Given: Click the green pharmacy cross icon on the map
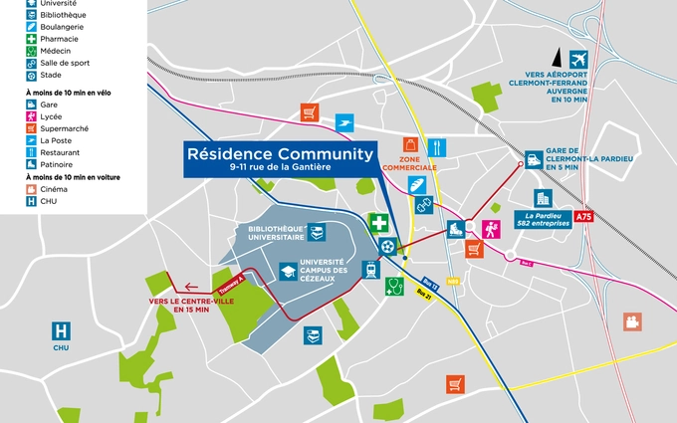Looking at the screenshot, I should coord(378,222).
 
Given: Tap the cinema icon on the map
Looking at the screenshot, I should coord(630,320).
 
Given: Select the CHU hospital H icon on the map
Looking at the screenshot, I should coord(62,328).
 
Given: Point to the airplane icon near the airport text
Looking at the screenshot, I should coord(578,60).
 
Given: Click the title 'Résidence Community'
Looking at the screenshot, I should coord(280,154).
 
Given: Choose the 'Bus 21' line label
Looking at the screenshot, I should coord(427,296).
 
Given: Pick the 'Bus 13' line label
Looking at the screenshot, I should coord(431,282).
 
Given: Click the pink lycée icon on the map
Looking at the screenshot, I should coord(490,229).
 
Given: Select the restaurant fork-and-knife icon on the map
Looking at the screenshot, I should coord(436,147).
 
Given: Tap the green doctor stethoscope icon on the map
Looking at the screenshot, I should coord(394,287).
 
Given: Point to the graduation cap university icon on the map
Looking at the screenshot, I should coord(288,271).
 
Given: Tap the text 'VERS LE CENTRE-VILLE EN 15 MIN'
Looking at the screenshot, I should coord(179,305).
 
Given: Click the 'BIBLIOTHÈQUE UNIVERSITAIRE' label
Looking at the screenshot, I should coord(277,233).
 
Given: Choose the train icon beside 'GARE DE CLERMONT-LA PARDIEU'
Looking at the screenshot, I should coord(535,158).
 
